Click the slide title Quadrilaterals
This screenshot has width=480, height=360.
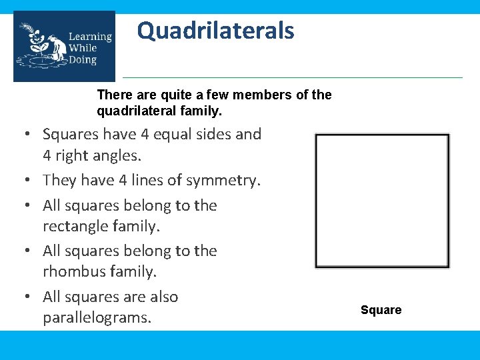pyautogui.click(x=215, y=31)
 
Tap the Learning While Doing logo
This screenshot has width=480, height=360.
pyautogui.click(x=64, y=47)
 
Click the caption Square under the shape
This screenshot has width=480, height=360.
pyautogui.click(x=381, y=310)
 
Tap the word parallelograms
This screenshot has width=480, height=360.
pyautogui.click(x=97, y=318)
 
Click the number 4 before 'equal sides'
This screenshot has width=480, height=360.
pyautogui.click(x=145, y=134)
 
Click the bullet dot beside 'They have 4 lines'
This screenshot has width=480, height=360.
pyautogui.click(x=31, y=181)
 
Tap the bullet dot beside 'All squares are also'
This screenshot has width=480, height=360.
pyautogui.click(x=31, y=297)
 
